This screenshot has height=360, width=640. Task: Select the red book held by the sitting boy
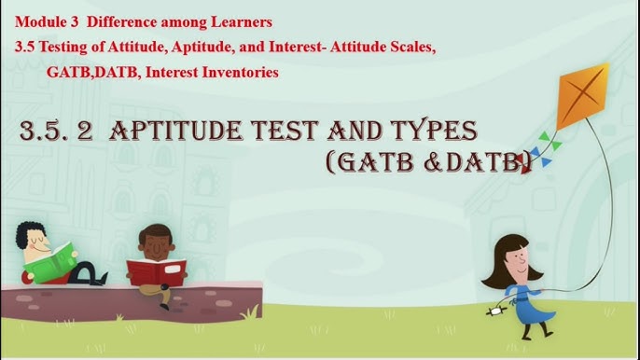tap(156, 270)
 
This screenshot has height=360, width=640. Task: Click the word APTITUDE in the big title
tap(183, 131)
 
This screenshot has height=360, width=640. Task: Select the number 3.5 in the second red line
tap(26, 46)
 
